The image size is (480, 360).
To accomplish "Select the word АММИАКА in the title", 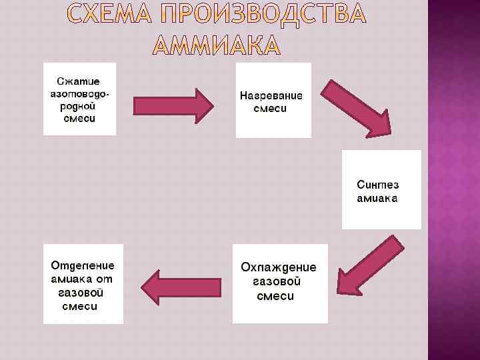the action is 217,45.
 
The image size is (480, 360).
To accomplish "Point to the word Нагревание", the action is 271,95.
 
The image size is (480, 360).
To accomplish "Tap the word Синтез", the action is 378,185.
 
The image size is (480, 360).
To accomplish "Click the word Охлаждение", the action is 279,267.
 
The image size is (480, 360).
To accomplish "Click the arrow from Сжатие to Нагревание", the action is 173,105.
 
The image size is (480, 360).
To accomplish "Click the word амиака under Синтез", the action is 377,199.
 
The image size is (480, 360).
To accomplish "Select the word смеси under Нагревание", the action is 271,108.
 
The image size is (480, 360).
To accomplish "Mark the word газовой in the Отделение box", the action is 80,293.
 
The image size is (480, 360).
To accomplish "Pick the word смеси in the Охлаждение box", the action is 275,297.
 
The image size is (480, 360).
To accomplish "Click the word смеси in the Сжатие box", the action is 79,119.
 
